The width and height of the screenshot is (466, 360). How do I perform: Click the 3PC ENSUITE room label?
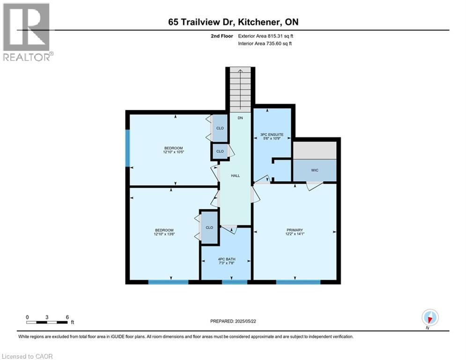[272, 135]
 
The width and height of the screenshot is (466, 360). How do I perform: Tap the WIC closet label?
[314, 170]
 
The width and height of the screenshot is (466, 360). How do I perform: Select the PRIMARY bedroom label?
[295, 230]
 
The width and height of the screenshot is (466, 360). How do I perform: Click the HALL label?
[235, 176]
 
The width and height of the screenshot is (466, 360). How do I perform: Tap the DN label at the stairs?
[240, 118]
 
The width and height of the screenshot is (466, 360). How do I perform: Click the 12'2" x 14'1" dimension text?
[295, 235]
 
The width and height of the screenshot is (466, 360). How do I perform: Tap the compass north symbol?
[429, 317]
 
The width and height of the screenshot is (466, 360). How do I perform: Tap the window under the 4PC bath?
[234, 282]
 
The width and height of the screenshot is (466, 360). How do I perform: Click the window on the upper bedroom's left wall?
[127, 148]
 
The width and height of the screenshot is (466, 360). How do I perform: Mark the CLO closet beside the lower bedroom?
[209, 227]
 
